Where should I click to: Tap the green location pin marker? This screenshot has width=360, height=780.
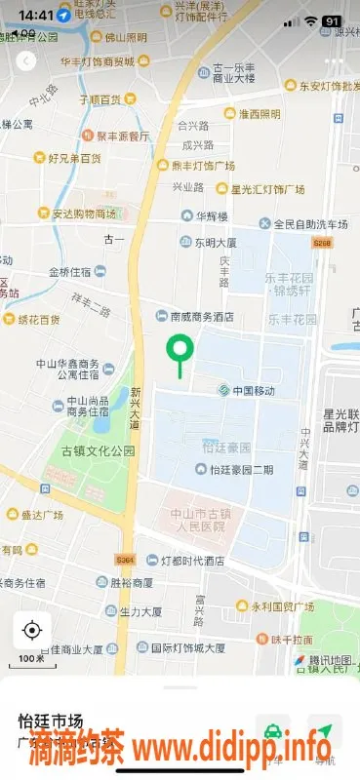click(x=180, y=348)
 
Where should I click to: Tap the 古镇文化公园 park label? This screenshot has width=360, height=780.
click(x=98, y=450)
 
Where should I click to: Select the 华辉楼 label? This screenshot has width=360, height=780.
click(x=209, y=215)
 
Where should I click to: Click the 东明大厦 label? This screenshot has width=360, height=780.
click(x=214, y=243)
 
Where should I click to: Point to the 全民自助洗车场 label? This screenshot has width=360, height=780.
click(x=282, y=223)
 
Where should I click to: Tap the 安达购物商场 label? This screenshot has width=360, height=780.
click(x=84, y=214)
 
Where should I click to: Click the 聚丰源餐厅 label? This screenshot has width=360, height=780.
click(x=123, y=136)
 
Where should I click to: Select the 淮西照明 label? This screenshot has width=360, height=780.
click(x=258, y=113)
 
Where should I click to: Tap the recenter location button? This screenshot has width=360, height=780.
click(x=31, y=630)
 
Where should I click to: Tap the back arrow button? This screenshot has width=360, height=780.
click(x=24, y=60)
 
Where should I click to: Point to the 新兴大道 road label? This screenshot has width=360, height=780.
click(x=135, y=408)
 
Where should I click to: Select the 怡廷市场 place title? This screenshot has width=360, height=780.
click(x=48, y=721)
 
